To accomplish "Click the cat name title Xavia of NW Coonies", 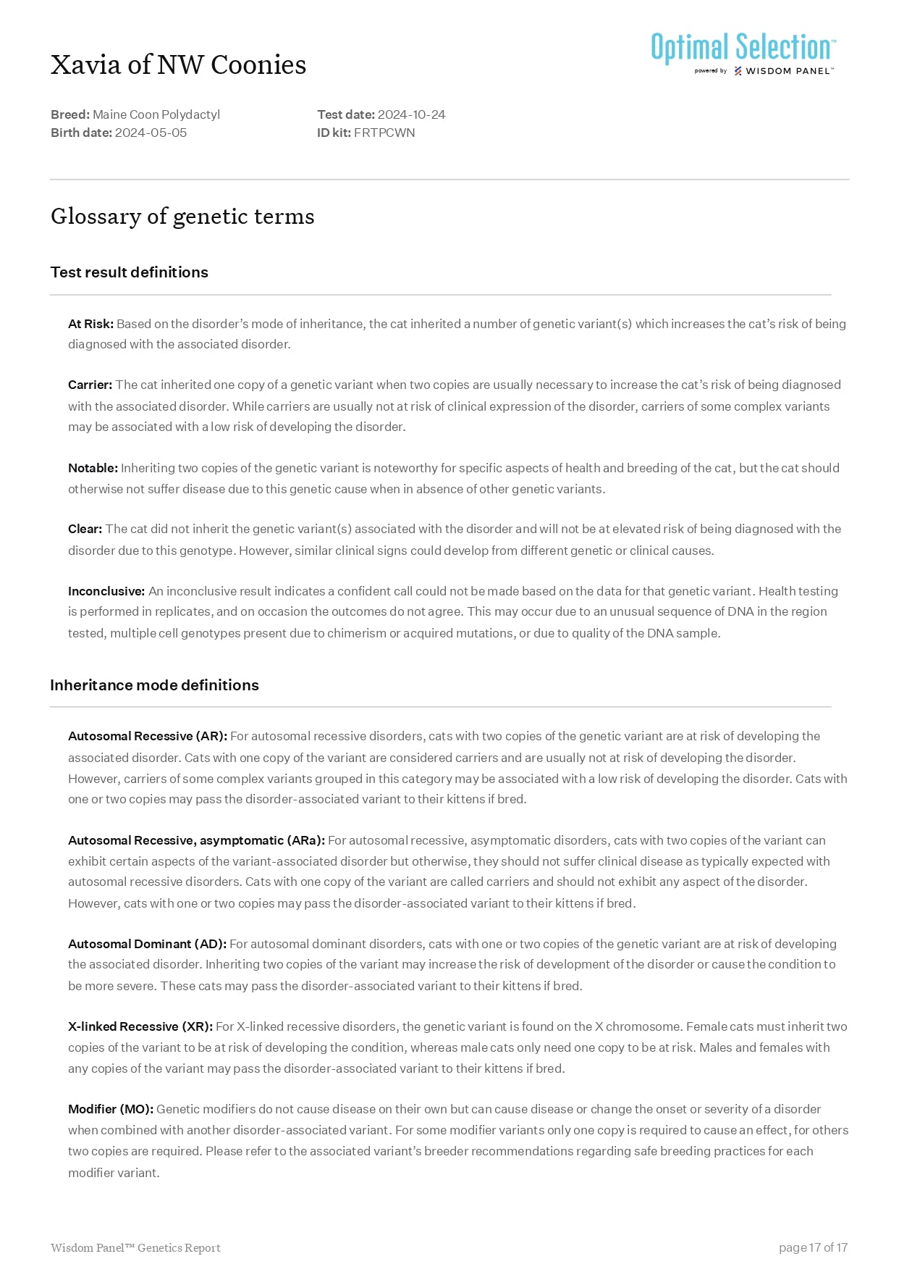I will tap(178, 65).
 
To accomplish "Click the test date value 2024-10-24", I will tap(411, 114).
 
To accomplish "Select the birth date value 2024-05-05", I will tap(151, 133).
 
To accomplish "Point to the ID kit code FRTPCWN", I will tap(384, 133).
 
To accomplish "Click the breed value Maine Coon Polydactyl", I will tap(156, 114).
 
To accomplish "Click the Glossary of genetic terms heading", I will tap(182, 216).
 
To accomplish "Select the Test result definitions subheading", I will tap(129, 272).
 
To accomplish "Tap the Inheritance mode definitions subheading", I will tap(154, 685).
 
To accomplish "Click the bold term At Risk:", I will tap(90, 324).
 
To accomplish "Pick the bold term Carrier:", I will tap(90, 385).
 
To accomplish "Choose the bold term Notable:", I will tap(93, 468).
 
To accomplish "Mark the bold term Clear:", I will tap(85, 529).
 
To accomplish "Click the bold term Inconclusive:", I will tap(106, 591).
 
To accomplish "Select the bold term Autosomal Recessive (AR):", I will tap(148, 736).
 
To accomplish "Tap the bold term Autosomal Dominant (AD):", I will tap(147, 944).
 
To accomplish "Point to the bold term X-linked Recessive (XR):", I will tap(140, 1026).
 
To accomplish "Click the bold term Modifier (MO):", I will tap(111, 1109).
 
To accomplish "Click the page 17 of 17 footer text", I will tap(813, 1247).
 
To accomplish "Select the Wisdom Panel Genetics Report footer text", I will tap(135, 1247).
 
